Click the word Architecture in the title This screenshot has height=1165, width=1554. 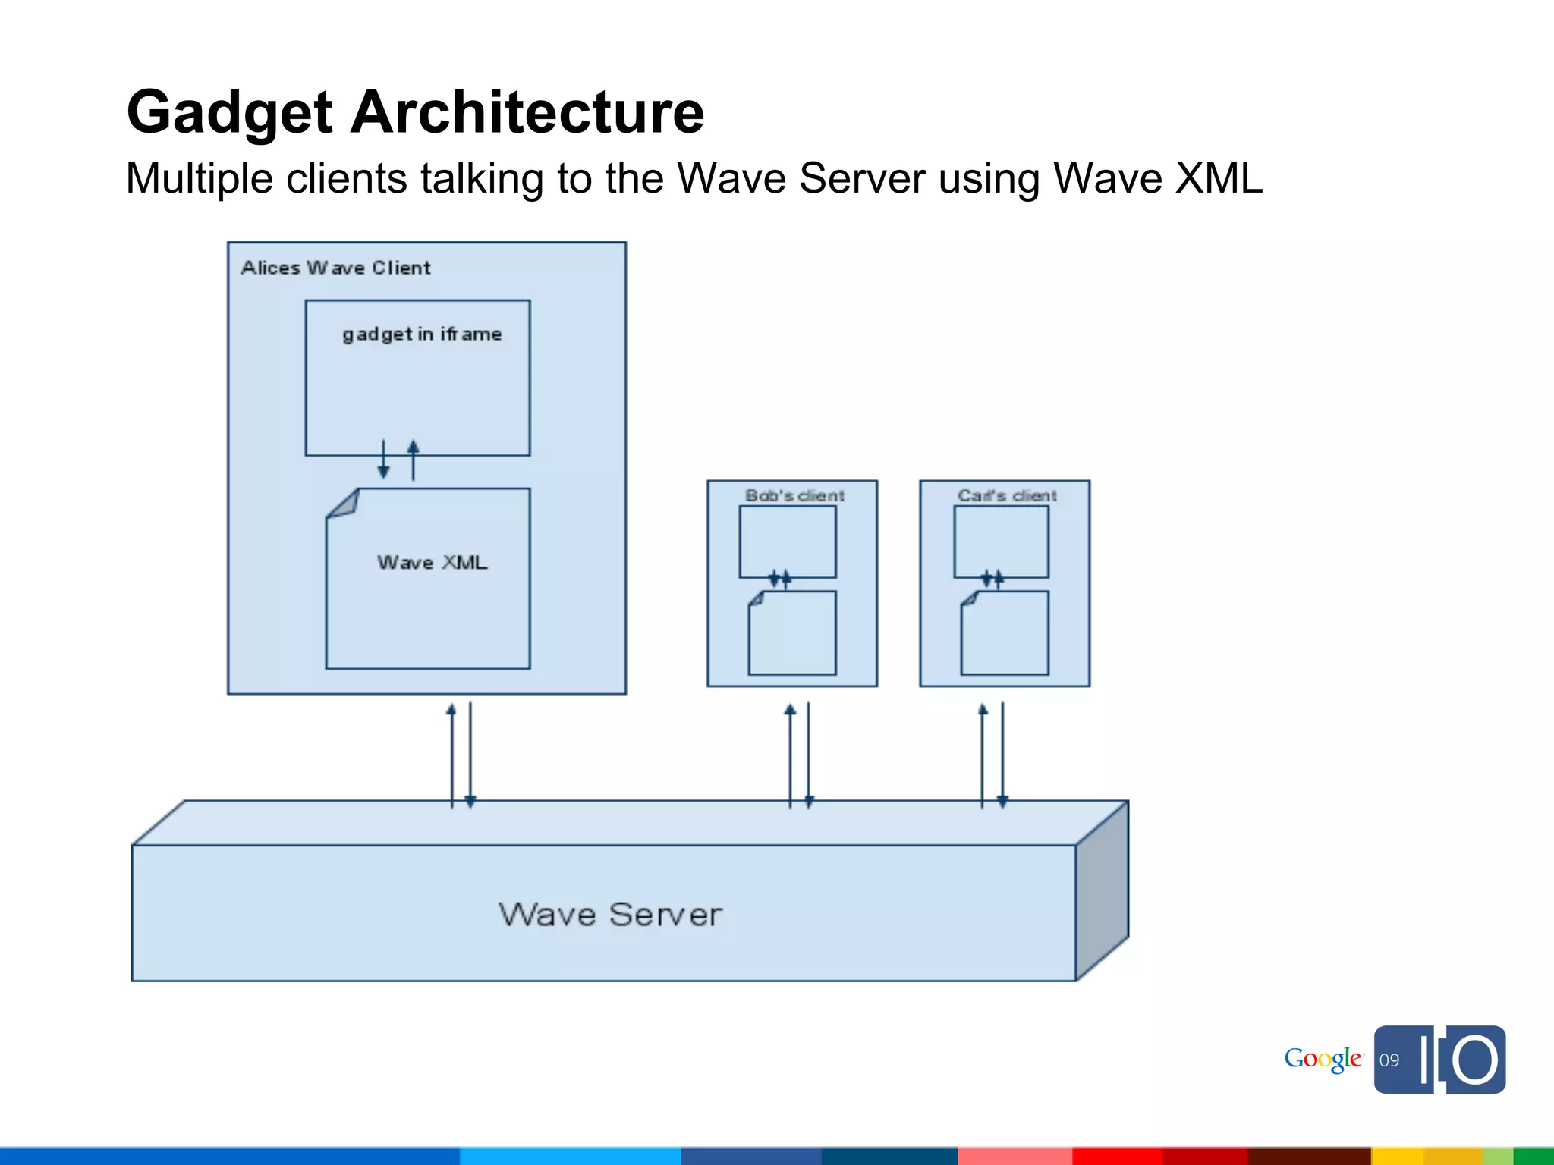coord(527,112)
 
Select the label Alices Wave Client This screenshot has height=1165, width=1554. coord(335,268)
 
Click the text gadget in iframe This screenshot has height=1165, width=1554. coord(422,334)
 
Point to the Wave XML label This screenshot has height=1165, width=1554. coord(432,563)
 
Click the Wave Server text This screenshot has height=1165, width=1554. coord(610,915)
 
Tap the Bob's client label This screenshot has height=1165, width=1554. coord(794,496)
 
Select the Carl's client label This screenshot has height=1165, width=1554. coord(1007,496)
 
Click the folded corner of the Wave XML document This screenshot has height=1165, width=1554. coord(343,504)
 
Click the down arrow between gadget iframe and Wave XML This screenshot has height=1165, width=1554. coord(383,469)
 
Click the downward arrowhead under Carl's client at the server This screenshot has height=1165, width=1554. coord(1002,801)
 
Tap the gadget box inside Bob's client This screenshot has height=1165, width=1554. coord(788,541)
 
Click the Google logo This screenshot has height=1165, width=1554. coord(1323,1059)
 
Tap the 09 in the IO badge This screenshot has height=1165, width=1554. coord(1389,1060)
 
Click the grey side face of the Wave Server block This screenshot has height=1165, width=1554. coord(1103,891)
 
